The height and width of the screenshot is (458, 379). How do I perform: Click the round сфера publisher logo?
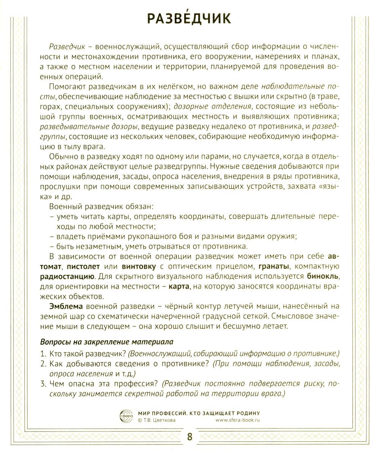[x=126, y=416]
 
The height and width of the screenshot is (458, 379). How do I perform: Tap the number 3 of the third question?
[x=43, y=384]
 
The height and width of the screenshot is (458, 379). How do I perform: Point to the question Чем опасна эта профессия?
[x=101, y=384]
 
